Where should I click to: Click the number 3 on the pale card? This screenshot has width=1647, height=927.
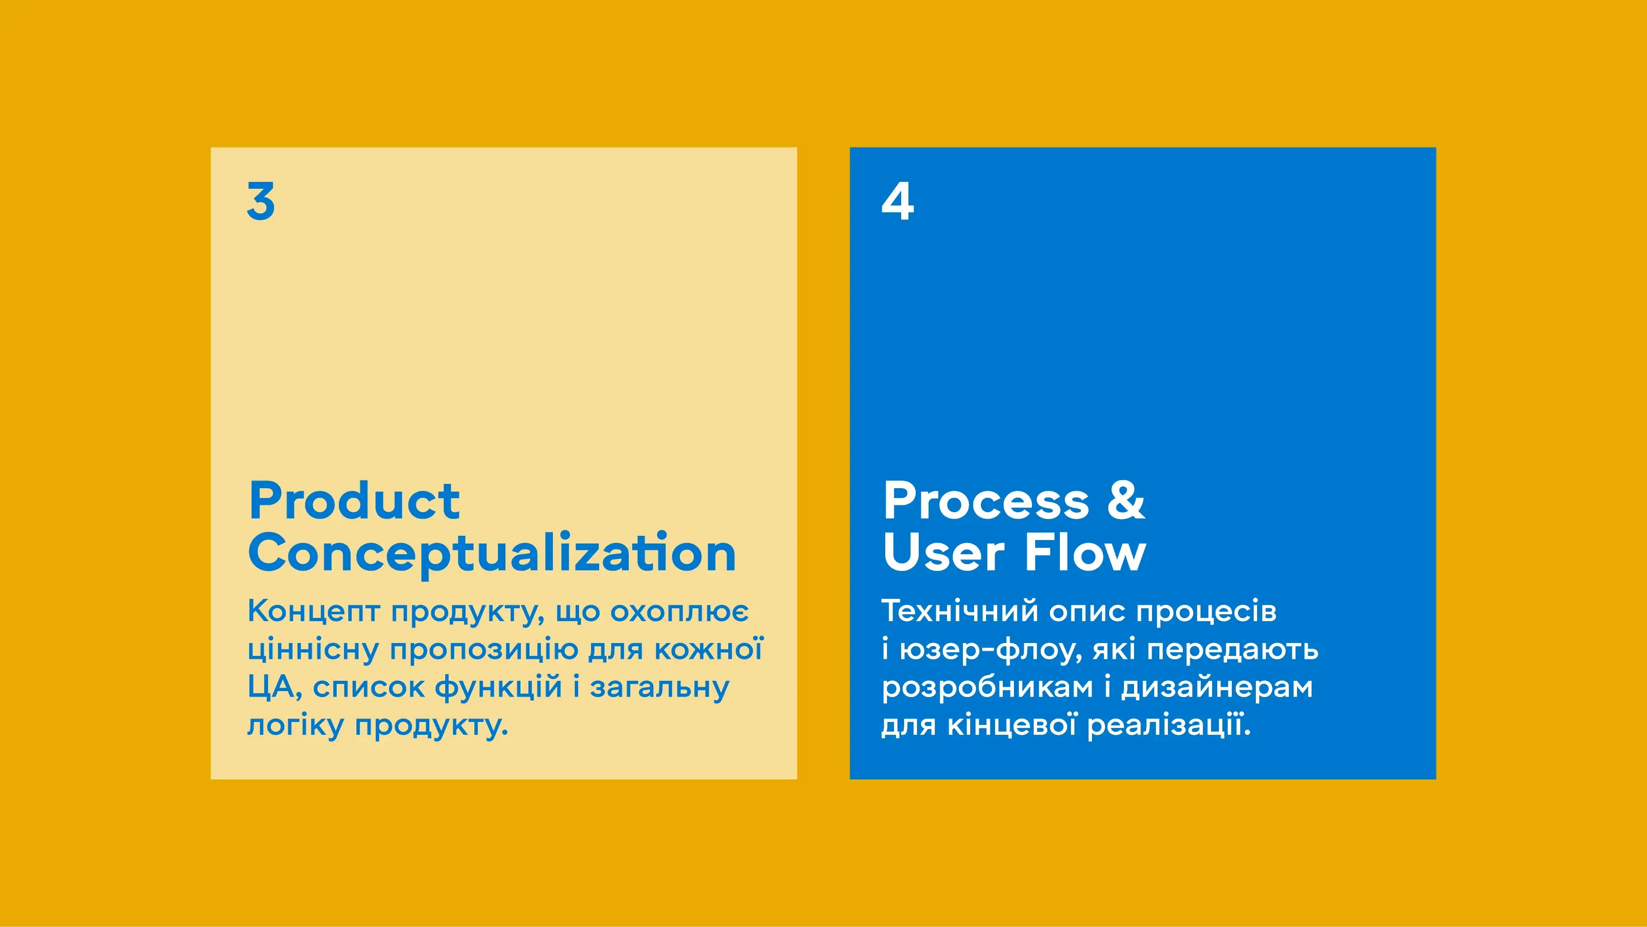point(261,201)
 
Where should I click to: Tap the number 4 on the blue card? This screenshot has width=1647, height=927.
point(898,201)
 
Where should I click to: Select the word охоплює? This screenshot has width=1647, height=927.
point(679,611)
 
